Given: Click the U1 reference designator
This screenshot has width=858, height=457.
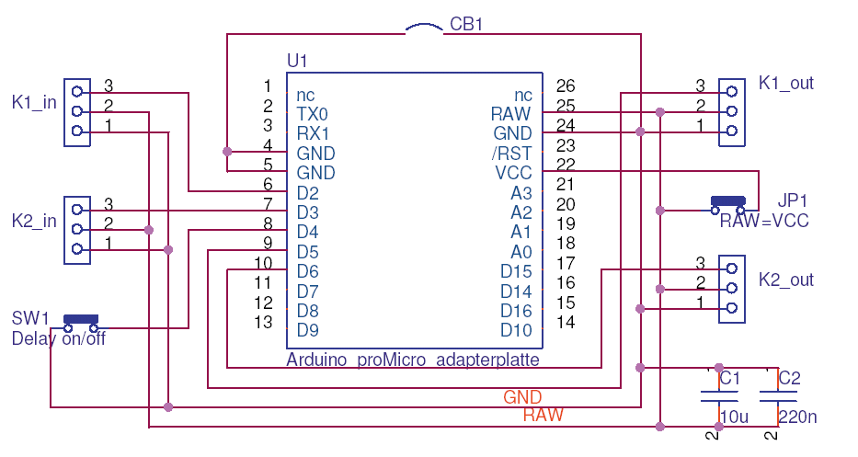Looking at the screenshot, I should click(x=297, y=61).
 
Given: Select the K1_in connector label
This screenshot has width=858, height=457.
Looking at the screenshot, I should click(x=34, y=102).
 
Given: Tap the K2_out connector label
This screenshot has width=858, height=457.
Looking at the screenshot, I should click(x=786, y=280).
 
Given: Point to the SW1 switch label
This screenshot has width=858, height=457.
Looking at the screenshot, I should click(x=30, y=318).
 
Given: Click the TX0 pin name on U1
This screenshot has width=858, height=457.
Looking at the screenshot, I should click(x=313, y=114).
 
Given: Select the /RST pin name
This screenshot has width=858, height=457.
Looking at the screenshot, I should click(x=511, y=153).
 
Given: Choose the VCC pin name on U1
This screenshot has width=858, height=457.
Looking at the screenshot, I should click(x=513, y=173).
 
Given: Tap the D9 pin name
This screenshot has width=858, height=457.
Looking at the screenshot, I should click(x=307, y=330).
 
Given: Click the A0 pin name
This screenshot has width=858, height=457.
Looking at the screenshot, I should click(x=521, y=251).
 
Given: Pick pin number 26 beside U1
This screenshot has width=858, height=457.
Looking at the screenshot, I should click(x=566, y=86).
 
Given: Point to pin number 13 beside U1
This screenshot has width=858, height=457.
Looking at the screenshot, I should click(x=263, y=322).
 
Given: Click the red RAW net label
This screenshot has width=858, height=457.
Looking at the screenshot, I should click(x=543, y=416).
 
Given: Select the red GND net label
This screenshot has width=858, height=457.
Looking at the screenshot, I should click(x=522, y=397).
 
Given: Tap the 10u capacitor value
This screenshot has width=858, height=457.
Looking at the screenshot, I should click(x=735, y=417).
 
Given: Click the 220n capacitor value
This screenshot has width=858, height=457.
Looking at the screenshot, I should click(x=797, y=417).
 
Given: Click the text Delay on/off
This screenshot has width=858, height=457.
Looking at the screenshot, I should click(x=58, y=338).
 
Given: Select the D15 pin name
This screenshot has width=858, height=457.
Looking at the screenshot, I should click(x=516, y=271).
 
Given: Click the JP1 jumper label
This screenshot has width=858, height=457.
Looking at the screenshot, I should click(x=792, y=200).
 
